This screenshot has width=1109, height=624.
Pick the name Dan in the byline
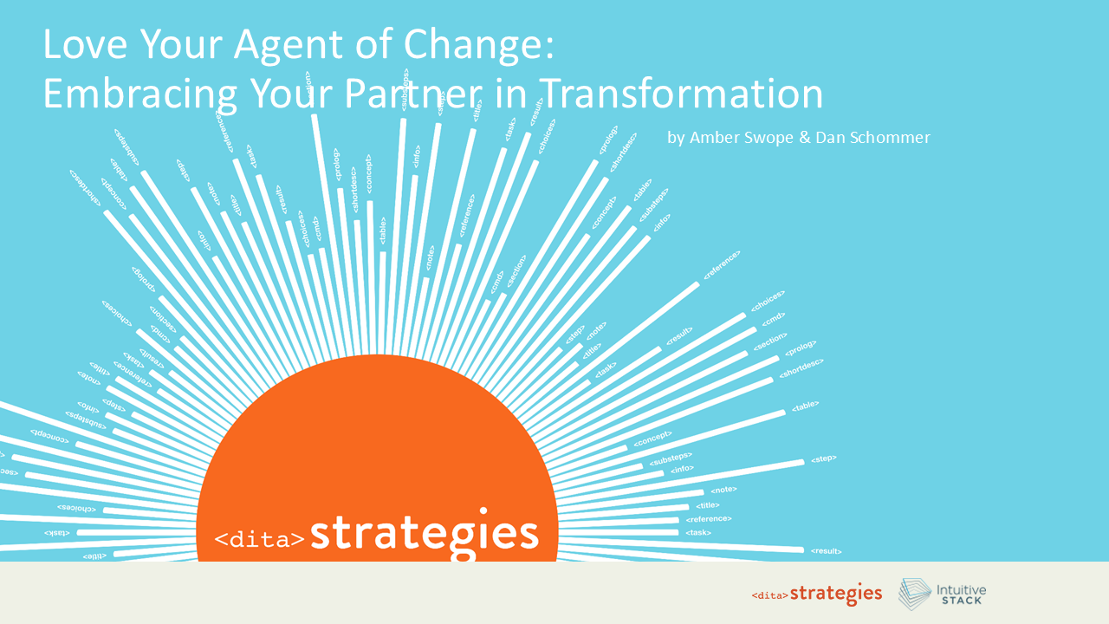point(829,138)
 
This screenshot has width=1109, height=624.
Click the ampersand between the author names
point(804,138)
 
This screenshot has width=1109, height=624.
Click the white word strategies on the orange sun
point(425,534)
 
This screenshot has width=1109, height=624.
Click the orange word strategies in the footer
point(836,594)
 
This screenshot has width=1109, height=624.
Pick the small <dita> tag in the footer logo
point(769,596)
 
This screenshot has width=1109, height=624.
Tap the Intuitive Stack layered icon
point(915,594)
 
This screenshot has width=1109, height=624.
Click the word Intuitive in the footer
point(961,589)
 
